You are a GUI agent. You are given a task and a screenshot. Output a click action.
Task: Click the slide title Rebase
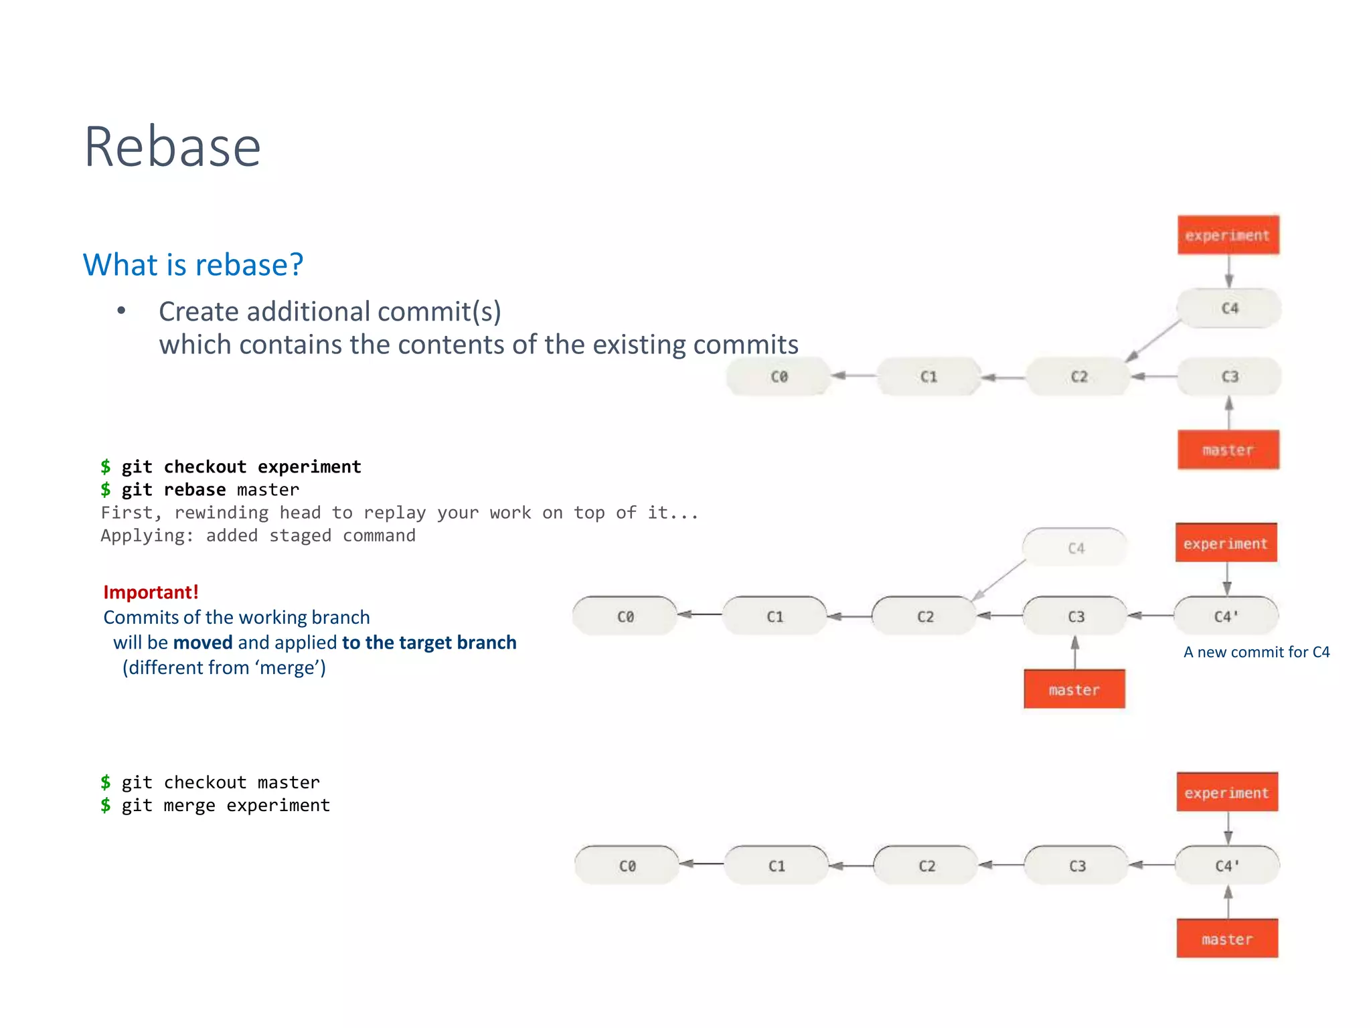click(172, 147)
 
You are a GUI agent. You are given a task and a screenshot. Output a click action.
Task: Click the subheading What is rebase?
click(193, 264)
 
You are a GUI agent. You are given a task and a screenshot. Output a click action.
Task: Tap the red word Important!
click(151, 592)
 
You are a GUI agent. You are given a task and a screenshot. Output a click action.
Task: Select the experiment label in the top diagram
click(1228, 236)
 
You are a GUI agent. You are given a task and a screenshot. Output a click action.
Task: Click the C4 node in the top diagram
click(1229, 309)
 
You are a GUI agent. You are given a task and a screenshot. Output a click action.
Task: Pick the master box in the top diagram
click(1228, 450)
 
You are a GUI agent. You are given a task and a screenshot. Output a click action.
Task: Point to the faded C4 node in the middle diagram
click(1075, 548)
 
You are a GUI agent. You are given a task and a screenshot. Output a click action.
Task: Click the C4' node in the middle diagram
click(1226, 616)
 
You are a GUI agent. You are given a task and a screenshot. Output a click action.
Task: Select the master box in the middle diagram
click(1074, 689)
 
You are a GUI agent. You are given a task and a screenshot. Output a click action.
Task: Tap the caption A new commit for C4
click(1256, 652)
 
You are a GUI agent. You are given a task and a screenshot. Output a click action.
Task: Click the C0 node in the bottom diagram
click(627, 866)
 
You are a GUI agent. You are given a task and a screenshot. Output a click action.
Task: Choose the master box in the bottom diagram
click(1226, 939)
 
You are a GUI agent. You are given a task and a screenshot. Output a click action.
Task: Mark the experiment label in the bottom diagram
click(1226, 793)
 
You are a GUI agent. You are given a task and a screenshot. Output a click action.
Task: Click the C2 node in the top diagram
click(1078, 377)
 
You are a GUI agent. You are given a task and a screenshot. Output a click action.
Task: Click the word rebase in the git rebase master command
click(194, 490)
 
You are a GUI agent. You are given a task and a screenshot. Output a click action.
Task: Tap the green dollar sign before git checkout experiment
click(106, 466)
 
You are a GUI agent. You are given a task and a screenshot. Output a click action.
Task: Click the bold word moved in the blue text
click(202, 642)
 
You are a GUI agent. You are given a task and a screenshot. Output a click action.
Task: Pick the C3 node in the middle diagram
click(1075, 616)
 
